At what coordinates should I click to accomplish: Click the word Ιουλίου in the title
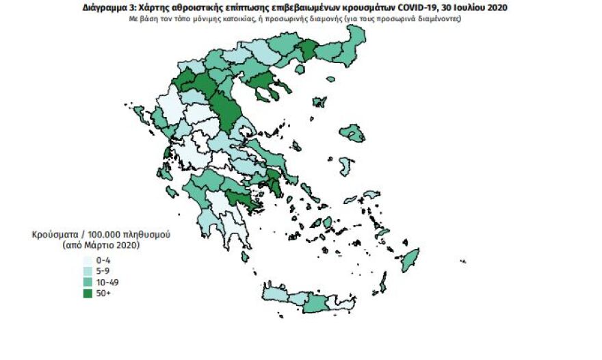[467, 8]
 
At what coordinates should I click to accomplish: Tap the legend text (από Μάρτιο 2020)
[101, 244]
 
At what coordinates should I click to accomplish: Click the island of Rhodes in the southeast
[410, 260]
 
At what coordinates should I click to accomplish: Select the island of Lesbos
[352, 133]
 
